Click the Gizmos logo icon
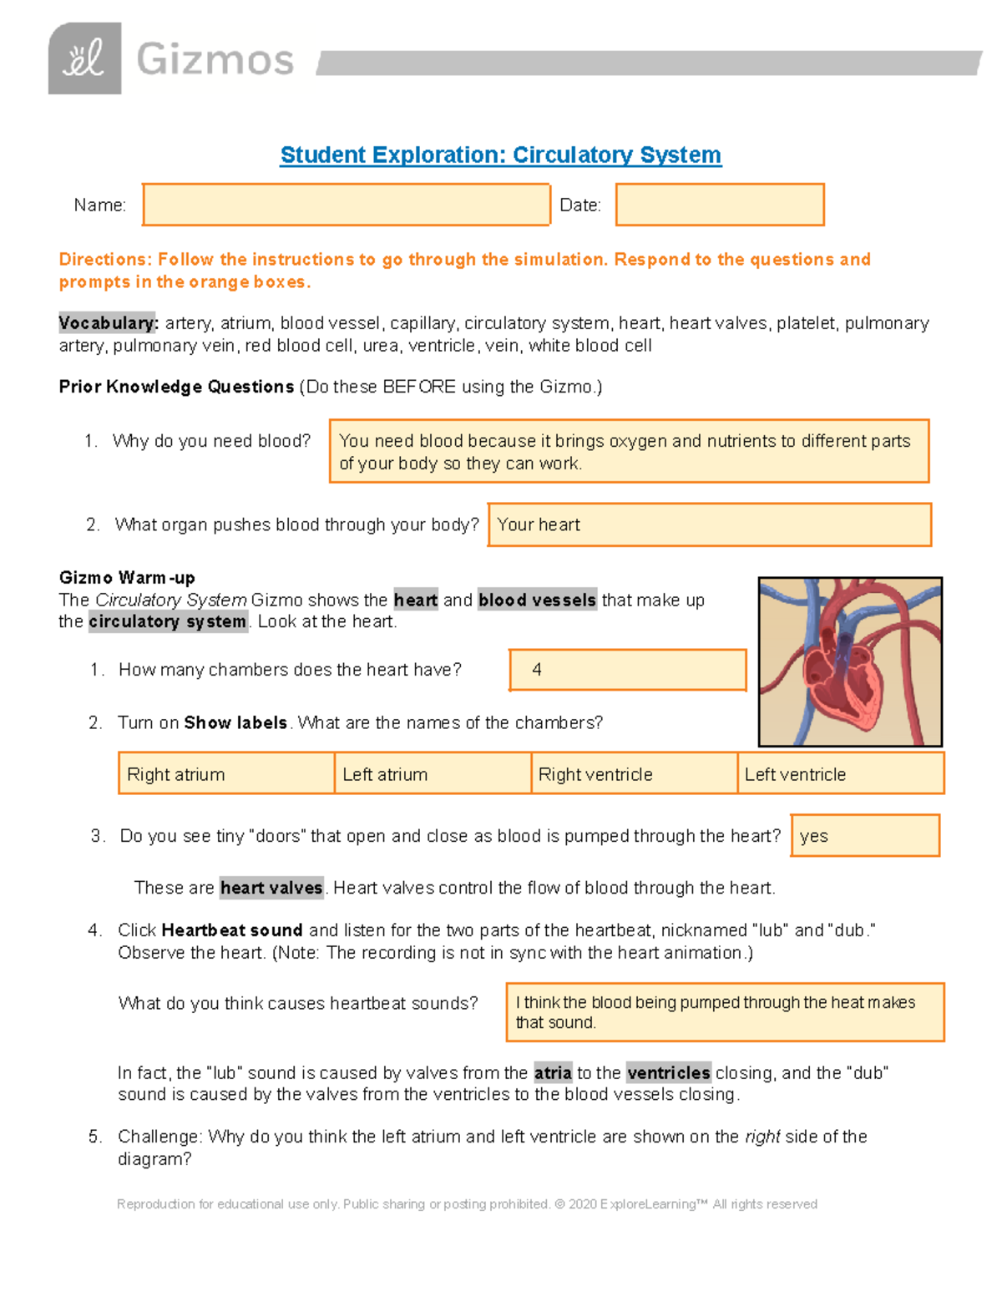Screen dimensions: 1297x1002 84,58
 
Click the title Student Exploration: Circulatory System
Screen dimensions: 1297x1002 500,155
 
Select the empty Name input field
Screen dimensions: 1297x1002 346,205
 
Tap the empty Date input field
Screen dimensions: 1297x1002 719,205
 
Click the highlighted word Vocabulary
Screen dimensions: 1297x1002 108,323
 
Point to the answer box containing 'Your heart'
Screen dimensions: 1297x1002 709,524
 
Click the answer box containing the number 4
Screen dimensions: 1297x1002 627,670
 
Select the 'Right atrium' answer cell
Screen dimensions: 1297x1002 226,773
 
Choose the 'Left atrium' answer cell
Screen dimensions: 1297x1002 433,773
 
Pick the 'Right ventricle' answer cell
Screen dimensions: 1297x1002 634,773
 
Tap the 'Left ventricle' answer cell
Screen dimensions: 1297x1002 840,773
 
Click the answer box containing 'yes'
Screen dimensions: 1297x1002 864,835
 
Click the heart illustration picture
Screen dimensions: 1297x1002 850,661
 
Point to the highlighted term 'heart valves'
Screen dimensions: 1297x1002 271,888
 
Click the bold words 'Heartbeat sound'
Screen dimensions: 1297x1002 231,930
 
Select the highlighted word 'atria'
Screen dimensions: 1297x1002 553,1072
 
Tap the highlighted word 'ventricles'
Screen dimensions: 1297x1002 668,1072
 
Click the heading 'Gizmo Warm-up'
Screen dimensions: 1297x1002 127,578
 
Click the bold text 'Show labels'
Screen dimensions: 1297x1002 235,722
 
